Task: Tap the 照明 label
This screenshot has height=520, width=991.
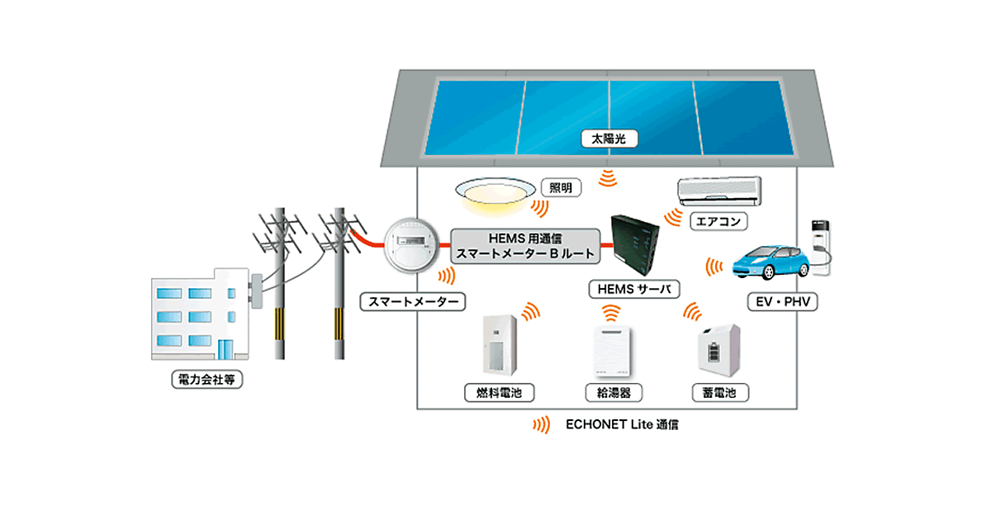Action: pos(560,188)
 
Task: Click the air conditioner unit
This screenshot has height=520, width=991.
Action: pos(718,191)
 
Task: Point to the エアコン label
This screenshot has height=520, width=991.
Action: pos(718,221)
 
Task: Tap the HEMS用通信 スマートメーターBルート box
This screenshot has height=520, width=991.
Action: pos(526,246)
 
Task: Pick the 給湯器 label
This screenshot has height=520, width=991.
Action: pos(613,392)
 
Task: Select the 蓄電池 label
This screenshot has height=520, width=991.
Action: pos(720,392)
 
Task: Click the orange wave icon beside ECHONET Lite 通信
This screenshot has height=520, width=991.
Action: pos(541,426)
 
